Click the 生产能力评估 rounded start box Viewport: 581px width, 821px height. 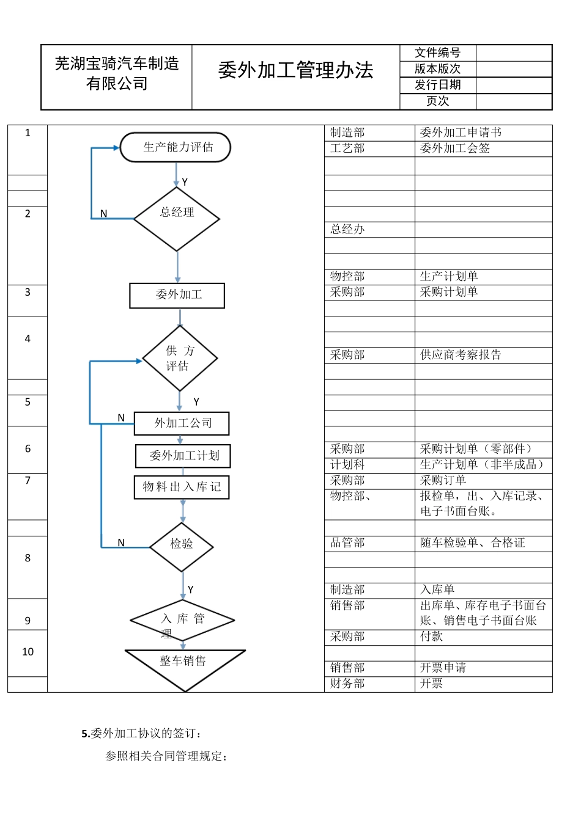176,147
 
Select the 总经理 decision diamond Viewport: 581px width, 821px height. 177,219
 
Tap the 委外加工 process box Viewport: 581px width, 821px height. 177,296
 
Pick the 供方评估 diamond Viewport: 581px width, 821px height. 180,359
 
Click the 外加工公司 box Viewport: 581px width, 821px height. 182,423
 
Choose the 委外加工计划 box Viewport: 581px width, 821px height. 183,456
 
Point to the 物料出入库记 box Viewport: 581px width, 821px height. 182,487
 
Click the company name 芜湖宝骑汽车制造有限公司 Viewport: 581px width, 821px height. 117,74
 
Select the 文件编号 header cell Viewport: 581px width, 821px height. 437,53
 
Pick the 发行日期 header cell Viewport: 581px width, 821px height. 437,85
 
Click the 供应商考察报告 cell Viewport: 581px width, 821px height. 461,355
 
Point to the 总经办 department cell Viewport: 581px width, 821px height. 348,230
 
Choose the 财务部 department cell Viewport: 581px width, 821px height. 348,684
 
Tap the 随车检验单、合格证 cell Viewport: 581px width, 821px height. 473,543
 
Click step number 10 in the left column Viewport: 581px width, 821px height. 28,652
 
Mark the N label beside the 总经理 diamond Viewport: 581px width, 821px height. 104,214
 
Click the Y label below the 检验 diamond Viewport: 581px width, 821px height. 191,589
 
